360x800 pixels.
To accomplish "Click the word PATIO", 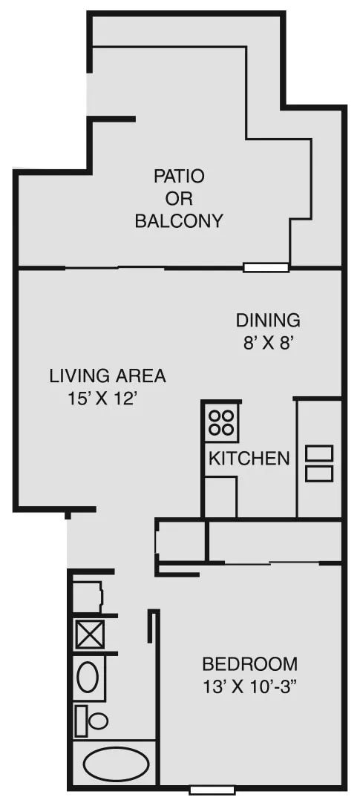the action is [179, 177].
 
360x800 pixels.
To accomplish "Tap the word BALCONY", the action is [179, 221].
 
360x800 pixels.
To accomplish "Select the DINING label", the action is [268, 321].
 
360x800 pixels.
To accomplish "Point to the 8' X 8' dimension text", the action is [267, 343].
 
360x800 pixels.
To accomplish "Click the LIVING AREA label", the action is [108, 376].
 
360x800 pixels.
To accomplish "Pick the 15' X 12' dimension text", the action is [104, 399].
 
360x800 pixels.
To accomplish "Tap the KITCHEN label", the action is [249, 458].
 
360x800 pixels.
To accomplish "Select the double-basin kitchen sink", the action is [319, 463].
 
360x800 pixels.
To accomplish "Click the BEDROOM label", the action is [249, 664].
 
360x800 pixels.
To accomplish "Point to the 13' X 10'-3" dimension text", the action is [249, 686].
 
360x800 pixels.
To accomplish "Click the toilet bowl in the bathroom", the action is [99, 721].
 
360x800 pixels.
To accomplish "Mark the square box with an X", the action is [90, 635].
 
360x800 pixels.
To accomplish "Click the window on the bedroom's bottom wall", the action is [212, 790].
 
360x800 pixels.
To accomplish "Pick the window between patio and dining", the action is [266, 267].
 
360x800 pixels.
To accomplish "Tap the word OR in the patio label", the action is [179, 198].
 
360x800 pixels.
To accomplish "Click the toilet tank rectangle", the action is [81, 721].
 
